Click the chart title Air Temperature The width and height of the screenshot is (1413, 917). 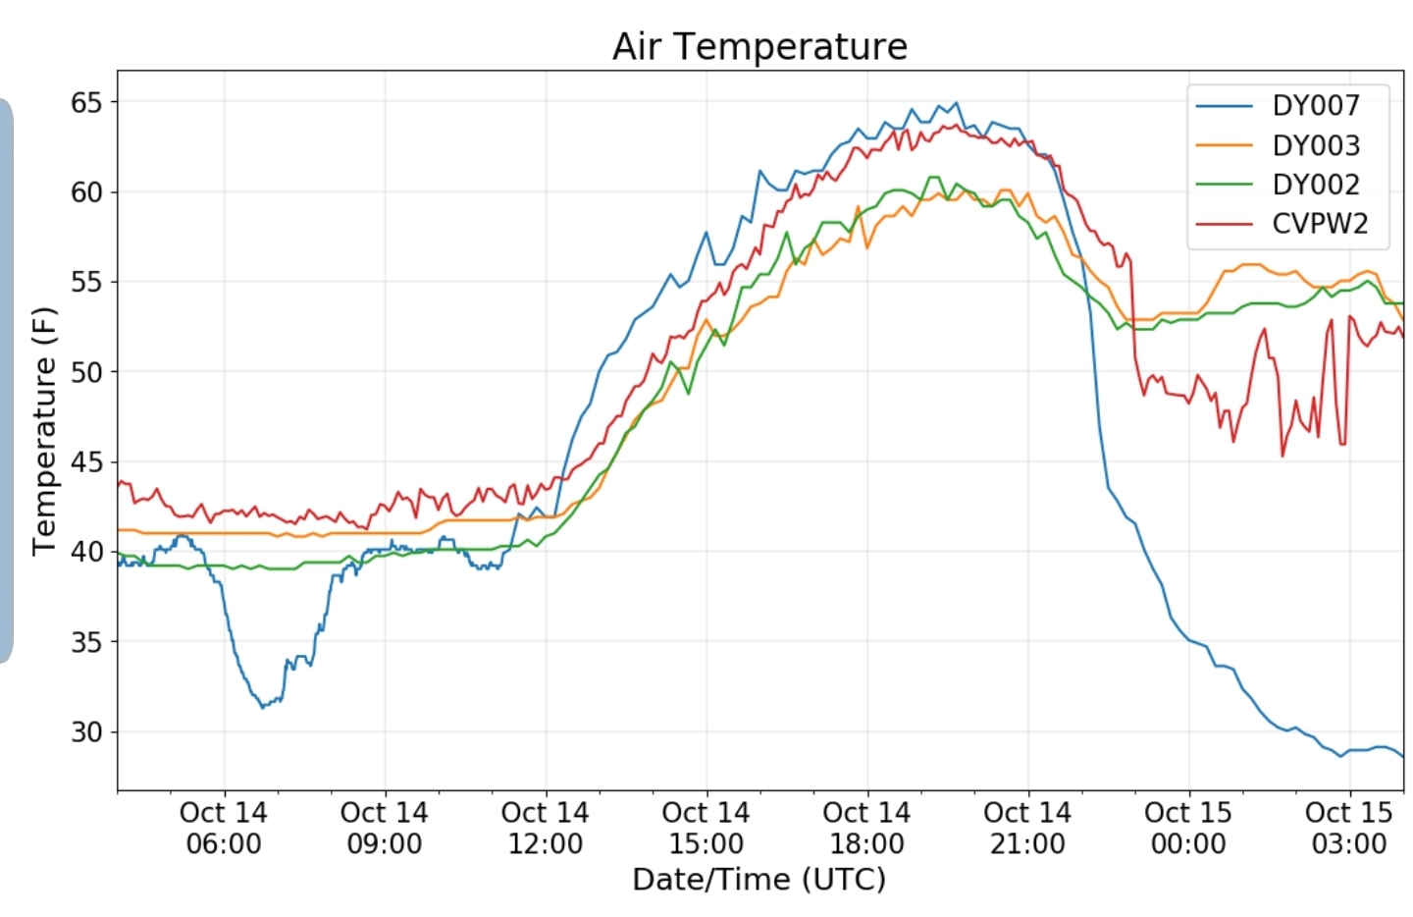point(759,47)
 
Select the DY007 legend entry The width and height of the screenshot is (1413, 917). point(1278,105)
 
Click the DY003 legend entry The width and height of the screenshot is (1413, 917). point(1278,145)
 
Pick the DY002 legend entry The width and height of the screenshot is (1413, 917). point(1278,185)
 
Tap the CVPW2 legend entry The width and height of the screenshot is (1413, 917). point(1282,224)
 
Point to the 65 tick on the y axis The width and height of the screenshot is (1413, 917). point(86,102)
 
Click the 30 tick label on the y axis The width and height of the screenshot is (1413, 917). point(86,732)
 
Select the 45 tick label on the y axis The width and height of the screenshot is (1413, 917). point(86,462)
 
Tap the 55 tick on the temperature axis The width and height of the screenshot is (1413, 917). point(86,282)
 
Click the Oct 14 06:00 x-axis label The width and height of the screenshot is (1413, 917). point(224,828)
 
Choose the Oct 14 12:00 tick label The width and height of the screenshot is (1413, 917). point(546,828)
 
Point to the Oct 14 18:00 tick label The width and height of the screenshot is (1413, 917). point(867,828)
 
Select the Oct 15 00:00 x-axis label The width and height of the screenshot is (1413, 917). point(1188,828)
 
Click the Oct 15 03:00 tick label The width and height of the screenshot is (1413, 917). point(1349,828)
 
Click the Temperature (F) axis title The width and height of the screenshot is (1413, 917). point(44,432)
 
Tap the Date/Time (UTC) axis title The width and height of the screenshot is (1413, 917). point(759,880)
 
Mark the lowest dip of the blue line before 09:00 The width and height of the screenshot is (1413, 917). point(263,708)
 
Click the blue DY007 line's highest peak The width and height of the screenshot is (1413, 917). point(957,102)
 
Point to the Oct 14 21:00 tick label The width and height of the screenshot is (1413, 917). point(1027,828)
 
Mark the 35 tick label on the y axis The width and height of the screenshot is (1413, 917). point(86,642)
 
